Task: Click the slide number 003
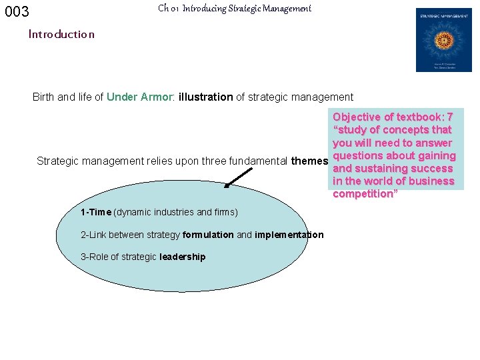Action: coord(17,12)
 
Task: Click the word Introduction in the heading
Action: coord(61,34)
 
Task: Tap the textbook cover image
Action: coord(443,40)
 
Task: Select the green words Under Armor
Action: coord(139,97)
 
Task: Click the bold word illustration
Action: coord(205,97)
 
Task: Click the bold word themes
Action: coord(309,161)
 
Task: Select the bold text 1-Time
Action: coord(95,212)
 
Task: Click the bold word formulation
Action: coord(207,235)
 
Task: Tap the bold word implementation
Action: coord(289,235)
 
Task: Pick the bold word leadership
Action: coord(183,257)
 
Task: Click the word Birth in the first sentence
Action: coord(44,97)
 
